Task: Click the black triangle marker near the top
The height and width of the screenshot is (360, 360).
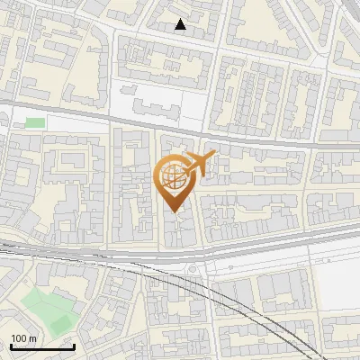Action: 181,25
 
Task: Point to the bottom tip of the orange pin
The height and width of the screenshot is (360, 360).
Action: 173,211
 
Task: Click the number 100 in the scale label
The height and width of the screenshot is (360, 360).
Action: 19,338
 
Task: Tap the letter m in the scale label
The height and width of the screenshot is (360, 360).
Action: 32,338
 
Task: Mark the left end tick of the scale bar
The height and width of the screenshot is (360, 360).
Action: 11,346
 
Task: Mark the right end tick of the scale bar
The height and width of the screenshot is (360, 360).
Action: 74,346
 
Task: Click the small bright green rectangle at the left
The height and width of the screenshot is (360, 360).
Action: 35,122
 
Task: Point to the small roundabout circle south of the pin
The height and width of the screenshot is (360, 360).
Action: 192,269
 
